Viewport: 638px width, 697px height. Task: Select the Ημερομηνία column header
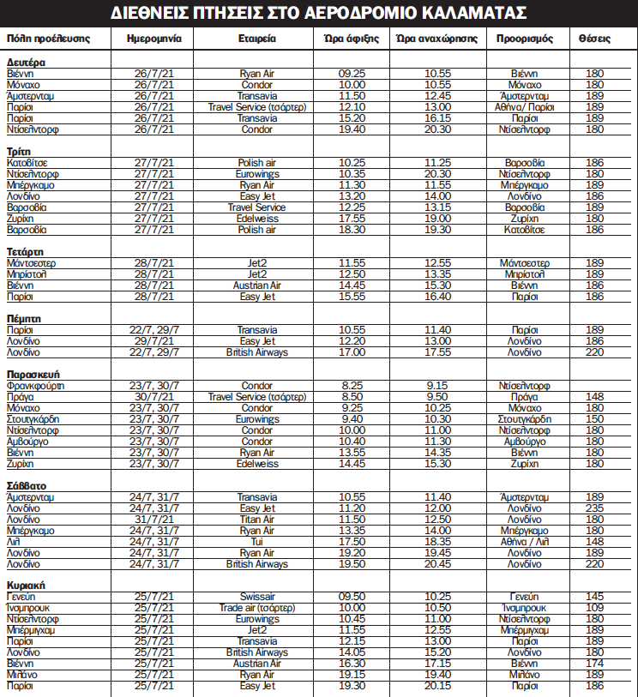point(153,39)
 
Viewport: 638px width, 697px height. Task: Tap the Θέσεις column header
point(594,39)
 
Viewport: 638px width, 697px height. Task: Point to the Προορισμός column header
point(524,39)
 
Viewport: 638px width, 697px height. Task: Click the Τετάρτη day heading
point(26,252)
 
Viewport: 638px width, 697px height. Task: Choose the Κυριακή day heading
point(26,586)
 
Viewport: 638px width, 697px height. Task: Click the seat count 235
point(594,508)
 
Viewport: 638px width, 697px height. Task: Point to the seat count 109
point(594,608)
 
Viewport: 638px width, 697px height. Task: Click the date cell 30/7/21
point(153,397)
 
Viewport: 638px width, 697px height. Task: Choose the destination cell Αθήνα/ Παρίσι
point(524,107)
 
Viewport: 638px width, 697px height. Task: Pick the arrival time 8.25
point(352,386)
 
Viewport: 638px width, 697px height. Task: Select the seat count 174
point(594,664)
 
